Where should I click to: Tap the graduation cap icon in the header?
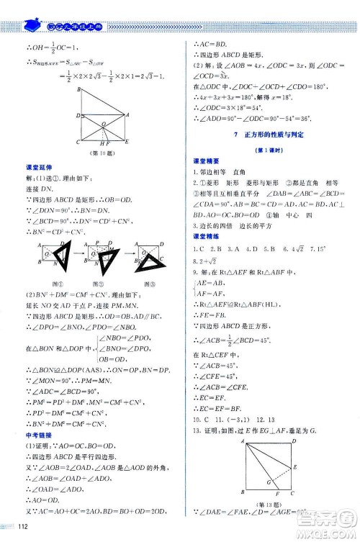32,26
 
